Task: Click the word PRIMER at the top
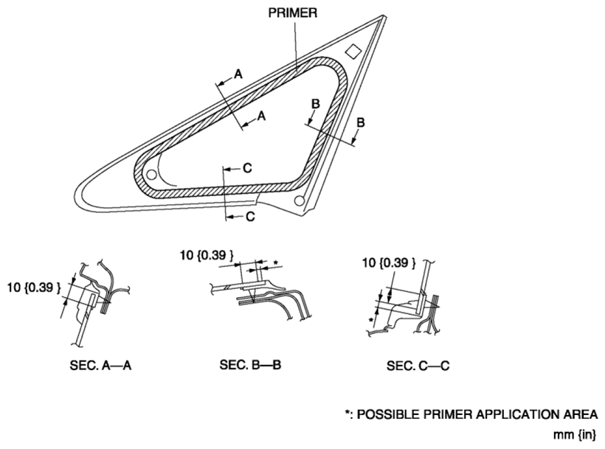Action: [x=293, y=13]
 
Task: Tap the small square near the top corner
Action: [x=353, y=51]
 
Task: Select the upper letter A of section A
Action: [x=238, y=74]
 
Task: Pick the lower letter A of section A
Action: [x=262, y=115]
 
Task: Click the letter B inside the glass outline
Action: [x=316, y=104]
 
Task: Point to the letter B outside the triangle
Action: [x=360, y=122]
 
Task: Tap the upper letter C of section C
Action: [x=247, y=168]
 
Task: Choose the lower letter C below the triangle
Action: [x=250, y=217]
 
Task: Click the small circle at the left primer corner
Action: [x=152, y=175]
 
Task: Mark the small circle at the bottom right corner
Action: [x=299, y=201]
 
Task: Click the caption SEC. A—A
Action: [x=100, y=365]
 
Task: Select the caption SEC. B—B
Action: [x=250, y=364]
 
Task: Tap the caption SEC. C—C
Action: [x=418, y=366]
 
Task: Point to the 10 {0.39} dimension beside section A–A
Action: [x=34, y=288]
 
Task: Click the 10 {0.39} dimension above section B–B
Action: [x=207, y=255]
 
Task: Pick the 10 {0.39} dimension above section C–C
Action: [x=389, y=263]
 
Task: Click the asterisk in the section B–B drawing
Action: [x=275, y=263]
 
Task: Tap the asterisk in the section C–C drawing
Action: [x=371, y=320]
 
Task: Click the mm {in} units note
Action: [x=575, y=435]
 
